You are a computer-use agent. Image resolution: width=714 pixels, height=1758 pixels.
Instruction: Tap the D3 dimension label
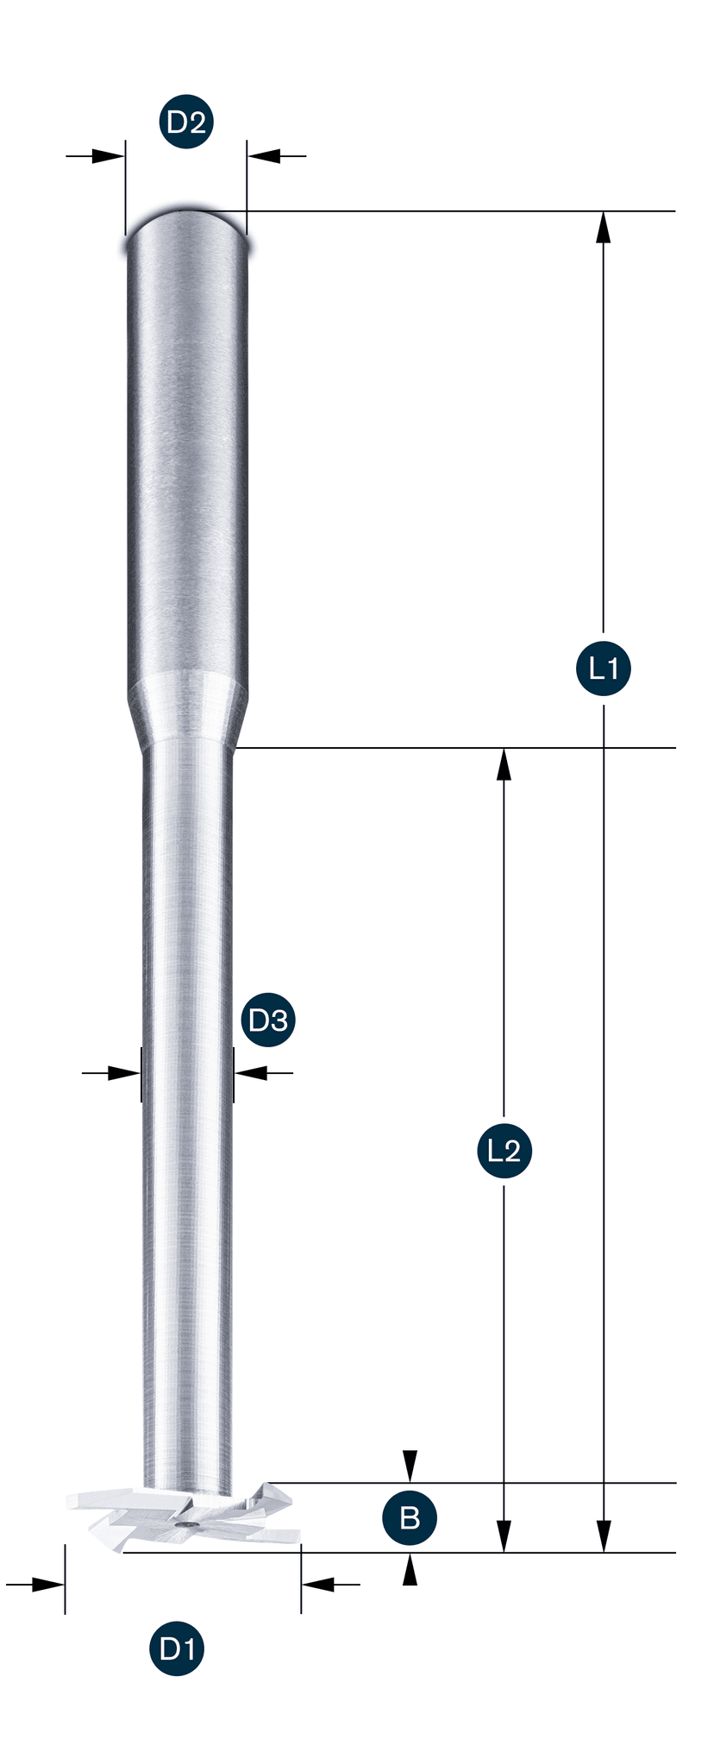267,1020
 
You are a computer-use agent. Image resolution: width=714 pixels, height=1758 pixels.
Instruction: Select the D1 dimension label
178,1649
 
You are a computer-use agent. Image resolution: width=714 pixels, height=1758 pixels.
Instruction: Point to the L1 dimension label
603,668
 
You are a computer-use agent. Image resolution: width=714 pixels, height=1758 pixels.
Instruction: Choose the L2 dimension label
504,1150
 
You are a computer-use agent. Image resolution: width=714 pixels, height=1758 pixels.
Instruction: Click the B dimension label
410,1517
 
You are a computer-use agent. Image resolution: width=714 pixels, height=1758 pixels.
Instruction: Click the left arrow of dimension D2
96,156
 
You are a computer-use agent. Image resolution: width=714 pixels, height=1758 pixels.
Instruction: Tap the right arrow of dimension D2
277,156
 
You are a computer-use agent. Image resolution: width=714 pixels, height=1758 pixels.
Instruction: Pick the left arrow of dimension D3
111,1073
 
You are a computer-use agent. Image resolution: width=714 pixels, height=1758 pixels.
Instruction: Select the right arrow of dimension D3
263,1073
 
